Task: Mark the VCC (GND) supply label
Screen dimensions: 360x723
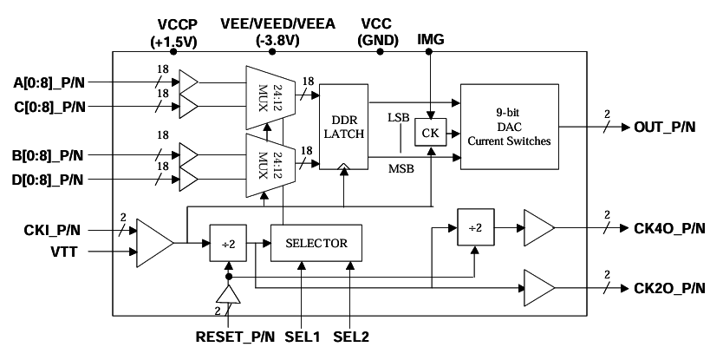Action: pos(380,32)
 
